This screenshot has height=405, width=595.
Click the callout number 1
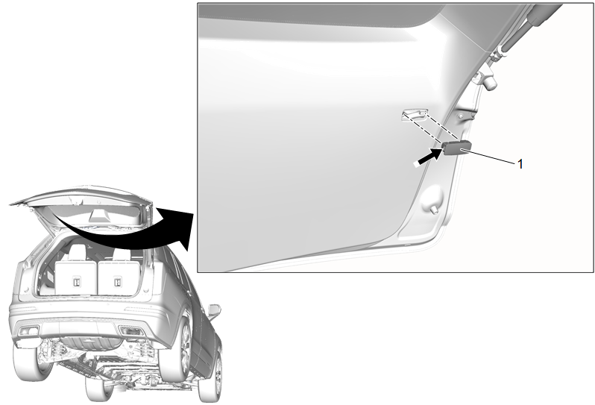pos(520,164)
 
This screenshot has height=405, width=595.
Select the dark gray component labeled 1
pos(458,148)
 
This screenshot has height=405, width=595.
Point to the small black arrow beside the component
pos(428,157)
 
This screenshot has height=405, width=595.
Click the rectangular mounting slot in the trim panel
pos(415,115)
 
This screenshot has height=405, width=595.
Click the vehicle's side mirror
pos(215,311)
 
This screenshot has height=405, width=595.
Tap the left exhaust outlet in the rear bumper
pos(28,331)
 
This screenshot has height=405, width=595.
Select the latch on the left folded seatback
pos(76,282)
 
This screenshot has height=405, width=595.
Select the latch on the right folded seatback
pos(117,282)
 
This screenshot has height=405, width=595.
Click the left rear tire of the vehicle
pos(28,363)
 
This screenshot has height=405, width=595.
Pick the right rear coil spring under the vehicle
pos(143,349)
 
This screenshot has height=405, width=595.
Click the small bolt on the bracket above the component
pos(460,116)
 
